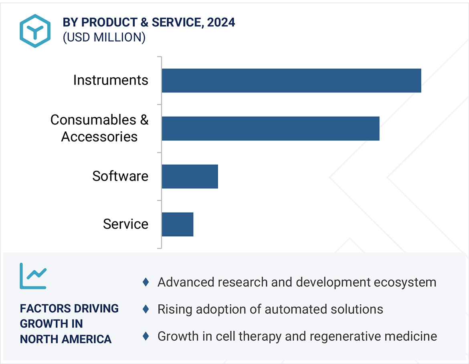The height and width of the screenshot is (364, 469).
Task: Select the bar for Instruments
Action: [x=291, y=80]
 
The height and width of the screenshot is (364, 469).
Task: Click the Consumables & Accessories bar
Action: [x=271, y=129]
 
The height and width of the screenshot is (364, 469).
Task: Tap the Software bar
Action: [x=190, y=176]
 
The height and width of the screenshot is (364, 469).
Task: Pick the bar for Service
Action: [x=178, y=224]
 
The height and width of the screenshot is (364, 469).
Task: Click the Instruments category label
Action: [x=111, y=80]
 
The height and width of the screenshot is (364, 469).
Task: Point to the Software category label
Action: [x=120, y=176]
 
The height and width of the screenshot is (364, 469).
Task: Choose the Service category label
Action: [x=125, y=224]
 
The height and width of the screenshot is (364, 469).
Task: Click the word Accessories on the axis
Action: [x=99, y=137]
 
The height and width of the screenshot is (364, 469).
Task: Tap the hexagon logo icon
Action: [x=35, y=31]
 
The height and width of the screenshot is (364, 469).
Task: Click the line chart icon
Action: [x=33, y=276]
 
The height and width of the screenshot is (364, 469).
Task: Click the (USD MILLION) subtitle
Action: [x=104, y=37]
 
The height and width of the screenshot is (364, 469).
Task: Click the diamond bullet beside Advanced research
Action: [x=146, y=282]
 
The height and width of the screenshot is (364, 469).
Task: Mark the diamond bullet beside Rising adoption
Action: [x=146, y=309]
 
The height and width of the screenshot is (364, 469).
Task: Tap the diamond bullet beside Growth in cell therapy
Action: [x=146, y=336]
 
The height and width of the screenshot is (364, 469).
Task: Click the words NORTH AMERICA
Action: [x=66, y=339]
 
